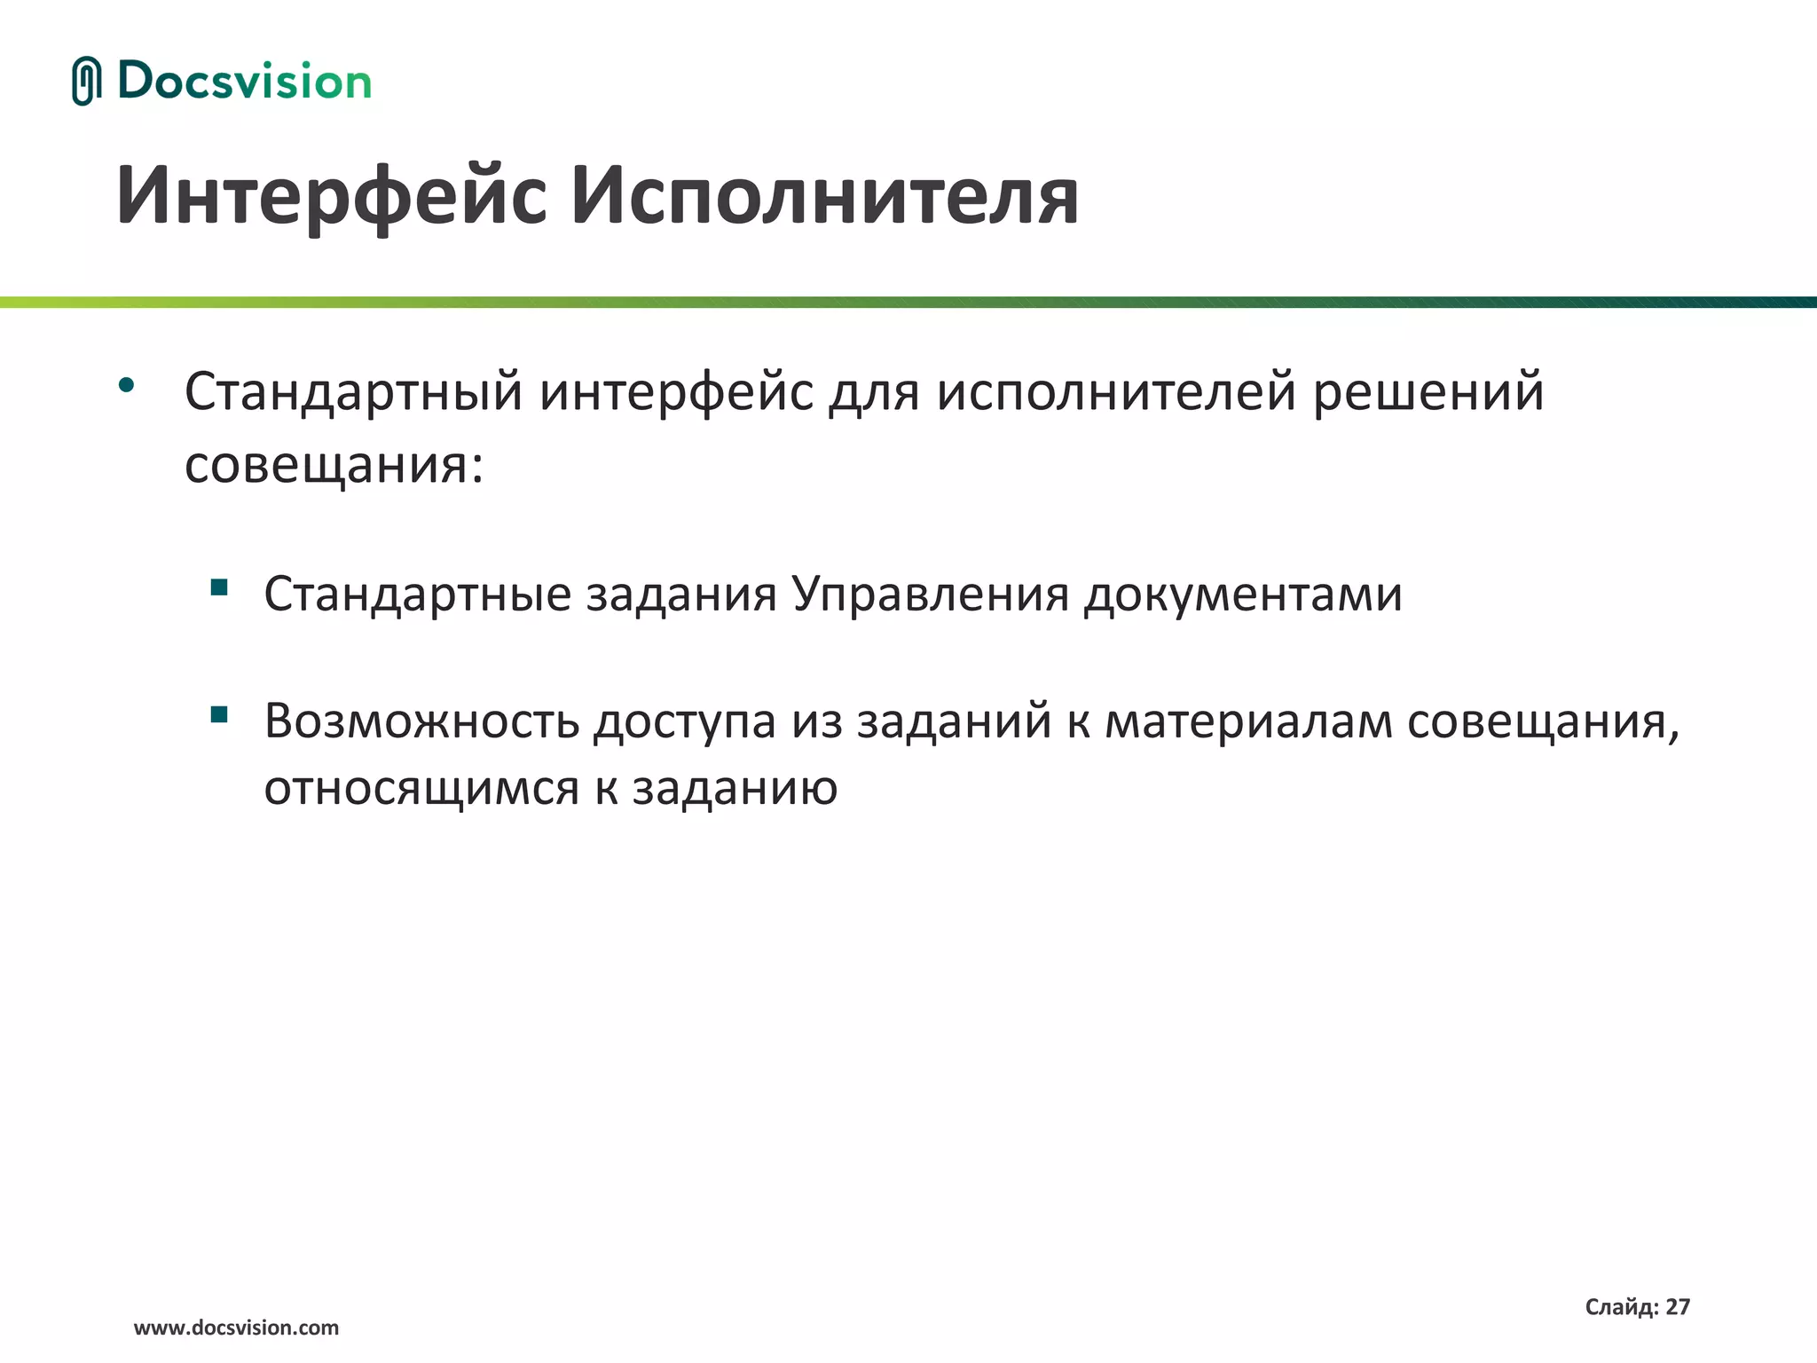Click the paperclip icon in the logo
[86, 81]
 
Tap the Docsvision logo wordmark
[244, 81]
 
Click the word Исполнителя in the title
[824, 196]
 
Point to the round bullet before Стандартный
[126, 385]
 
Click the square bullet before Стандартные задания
[219, 587]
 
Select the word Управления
[931, 594]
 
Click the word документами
[1243, 594]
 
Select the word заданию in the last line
[735, 788]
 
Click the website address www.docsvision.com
[236, 1328]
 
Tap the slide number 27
[1678, 1306]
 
